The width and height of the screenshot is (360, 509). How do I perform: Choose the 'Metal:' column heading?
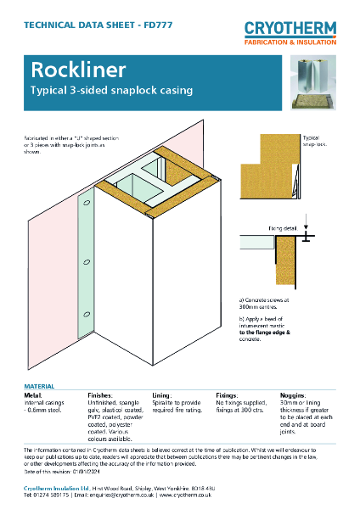pyautogui.click(x=34, y=395)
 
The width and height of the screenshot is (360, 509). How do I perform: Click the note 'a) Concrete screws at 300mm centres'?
pyautogui.click(x=268, y=303)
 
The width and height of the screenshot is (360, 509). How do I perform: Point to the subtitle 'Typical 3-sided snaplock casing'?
pyautogui.click(x=111, y=90)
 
